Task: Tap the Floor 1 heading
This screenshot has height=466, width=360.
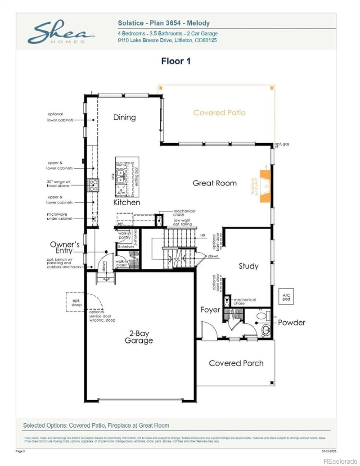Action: pyautogui.click(x=175, y=61)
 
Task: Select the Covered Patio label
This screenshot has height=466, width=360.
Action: pyautogui.click(x=219, y=113)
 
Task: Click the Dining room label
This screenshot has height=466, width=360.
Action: pyautogui.click(x=124, y=118)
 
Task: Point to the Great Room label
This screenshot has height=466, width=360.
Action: pyautogui.click(x=215, y=183)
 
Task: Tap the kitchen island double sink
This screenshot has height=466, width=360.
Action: pyautogui.click(x=121, y=176)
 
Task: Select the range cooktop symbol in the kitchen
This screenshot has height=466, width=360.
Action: pyautogui.click(x=94, y=185)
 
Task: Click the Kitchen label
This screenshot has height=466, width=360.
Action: pyautogui.click(x=126, y=203)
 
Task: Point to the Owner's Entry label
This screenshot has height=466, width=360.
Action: pyautogui.click(x=65, y=248)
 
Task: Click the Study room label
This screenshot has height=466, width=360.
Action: pyautogui.click(x=248, y=266)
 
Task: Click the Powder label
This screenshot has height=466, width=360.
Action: pyautogui.click(x=291, y=322)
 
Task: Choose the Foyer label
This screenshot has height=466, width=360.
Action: pyautogui.click(x=210, y=310)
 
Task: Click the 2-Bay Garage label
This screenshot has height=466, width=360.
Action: pyautogui.click(x=139, y=337)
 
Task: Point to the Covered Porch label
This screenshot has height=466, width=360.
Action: pyautogui.click(x=236, y=363)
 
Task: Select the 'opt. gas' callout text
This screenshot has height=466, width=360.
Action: pyautogui.click(x=282, y=145)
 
